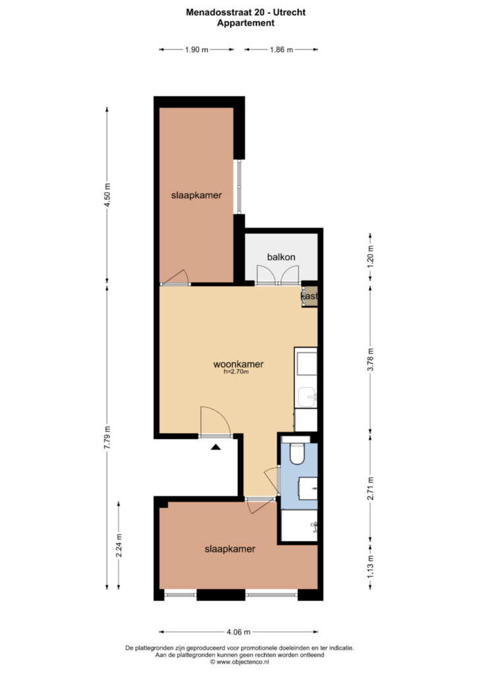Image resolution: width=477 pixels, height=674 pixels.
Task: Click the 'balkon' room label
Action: [x=281, y=257]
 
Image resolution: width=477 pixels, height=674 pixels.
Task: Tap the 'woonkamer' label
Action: [x=238, y=364]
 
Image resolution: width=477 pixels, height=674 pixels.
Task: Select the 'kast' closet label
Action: [x=309, y=296]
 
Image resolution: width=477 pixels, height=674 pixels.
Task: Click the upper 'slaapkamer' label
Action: [x=196, y=195]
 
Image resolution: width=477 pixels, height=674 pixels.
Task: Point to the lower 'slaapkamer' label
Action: [x=230, y=549]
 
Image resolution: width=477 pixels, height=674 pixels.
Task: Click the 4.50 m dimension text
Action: [x=107, y=195]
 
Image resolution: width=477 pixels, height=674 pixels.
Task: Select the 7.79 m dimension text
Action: [x=107, y=438]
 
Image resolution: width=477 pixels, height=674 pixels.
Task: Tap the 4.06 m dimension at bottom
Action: [x=238, y=632]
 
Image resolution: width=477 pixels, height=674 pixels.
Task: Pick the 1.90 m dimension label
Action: [x=196, y=50]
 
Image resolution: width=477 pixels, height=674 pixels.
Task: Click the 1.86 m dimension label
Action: [x=281, y=50]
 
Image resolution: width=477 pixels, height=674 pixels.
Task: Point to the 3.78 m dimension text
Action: [x=370, y=359]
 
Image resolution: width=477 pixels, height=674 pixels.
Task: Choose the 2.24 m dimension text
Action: [x=119, y=545]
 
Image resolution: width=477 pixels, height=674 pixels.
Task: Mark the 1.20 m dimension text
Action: [x=370, y=257]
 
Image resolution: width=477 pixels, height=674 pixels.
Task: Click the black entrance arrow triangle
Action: [x=215, y=447]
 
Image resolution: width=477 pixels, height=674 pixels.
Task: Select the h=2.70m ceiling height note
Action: [x=236, y=373]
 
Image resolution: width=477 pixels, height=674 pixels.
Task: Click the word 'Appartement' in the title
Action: [x=246, y=23]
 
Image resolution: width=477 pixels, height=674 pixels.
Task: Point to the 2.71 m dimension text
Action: [x=370, y=488]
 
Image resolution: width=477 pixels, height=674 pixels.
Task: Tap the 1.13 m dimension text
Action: [x=370, y=567]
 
